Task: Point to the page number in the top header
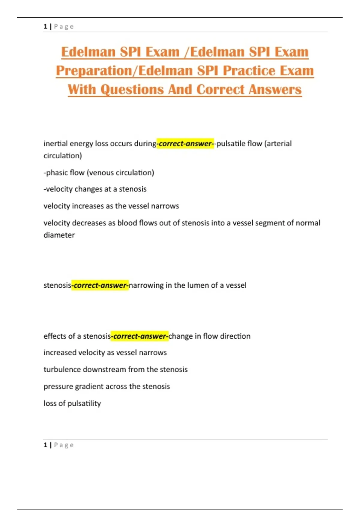pos(45,26)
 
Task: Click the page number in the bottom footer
pos(45,445)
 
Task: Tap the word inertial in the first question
pos(55,144)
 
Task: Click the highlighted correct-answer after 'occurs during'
pos(185,144)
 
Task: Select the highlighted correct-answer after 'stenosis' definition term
pos(100,285)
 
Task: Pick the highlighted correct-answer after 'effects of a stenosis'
pos(139,336)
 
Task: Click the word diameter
pos(59,235)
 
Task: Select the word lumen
pos(198,285)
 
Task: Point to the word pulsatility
pos(84,403)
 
